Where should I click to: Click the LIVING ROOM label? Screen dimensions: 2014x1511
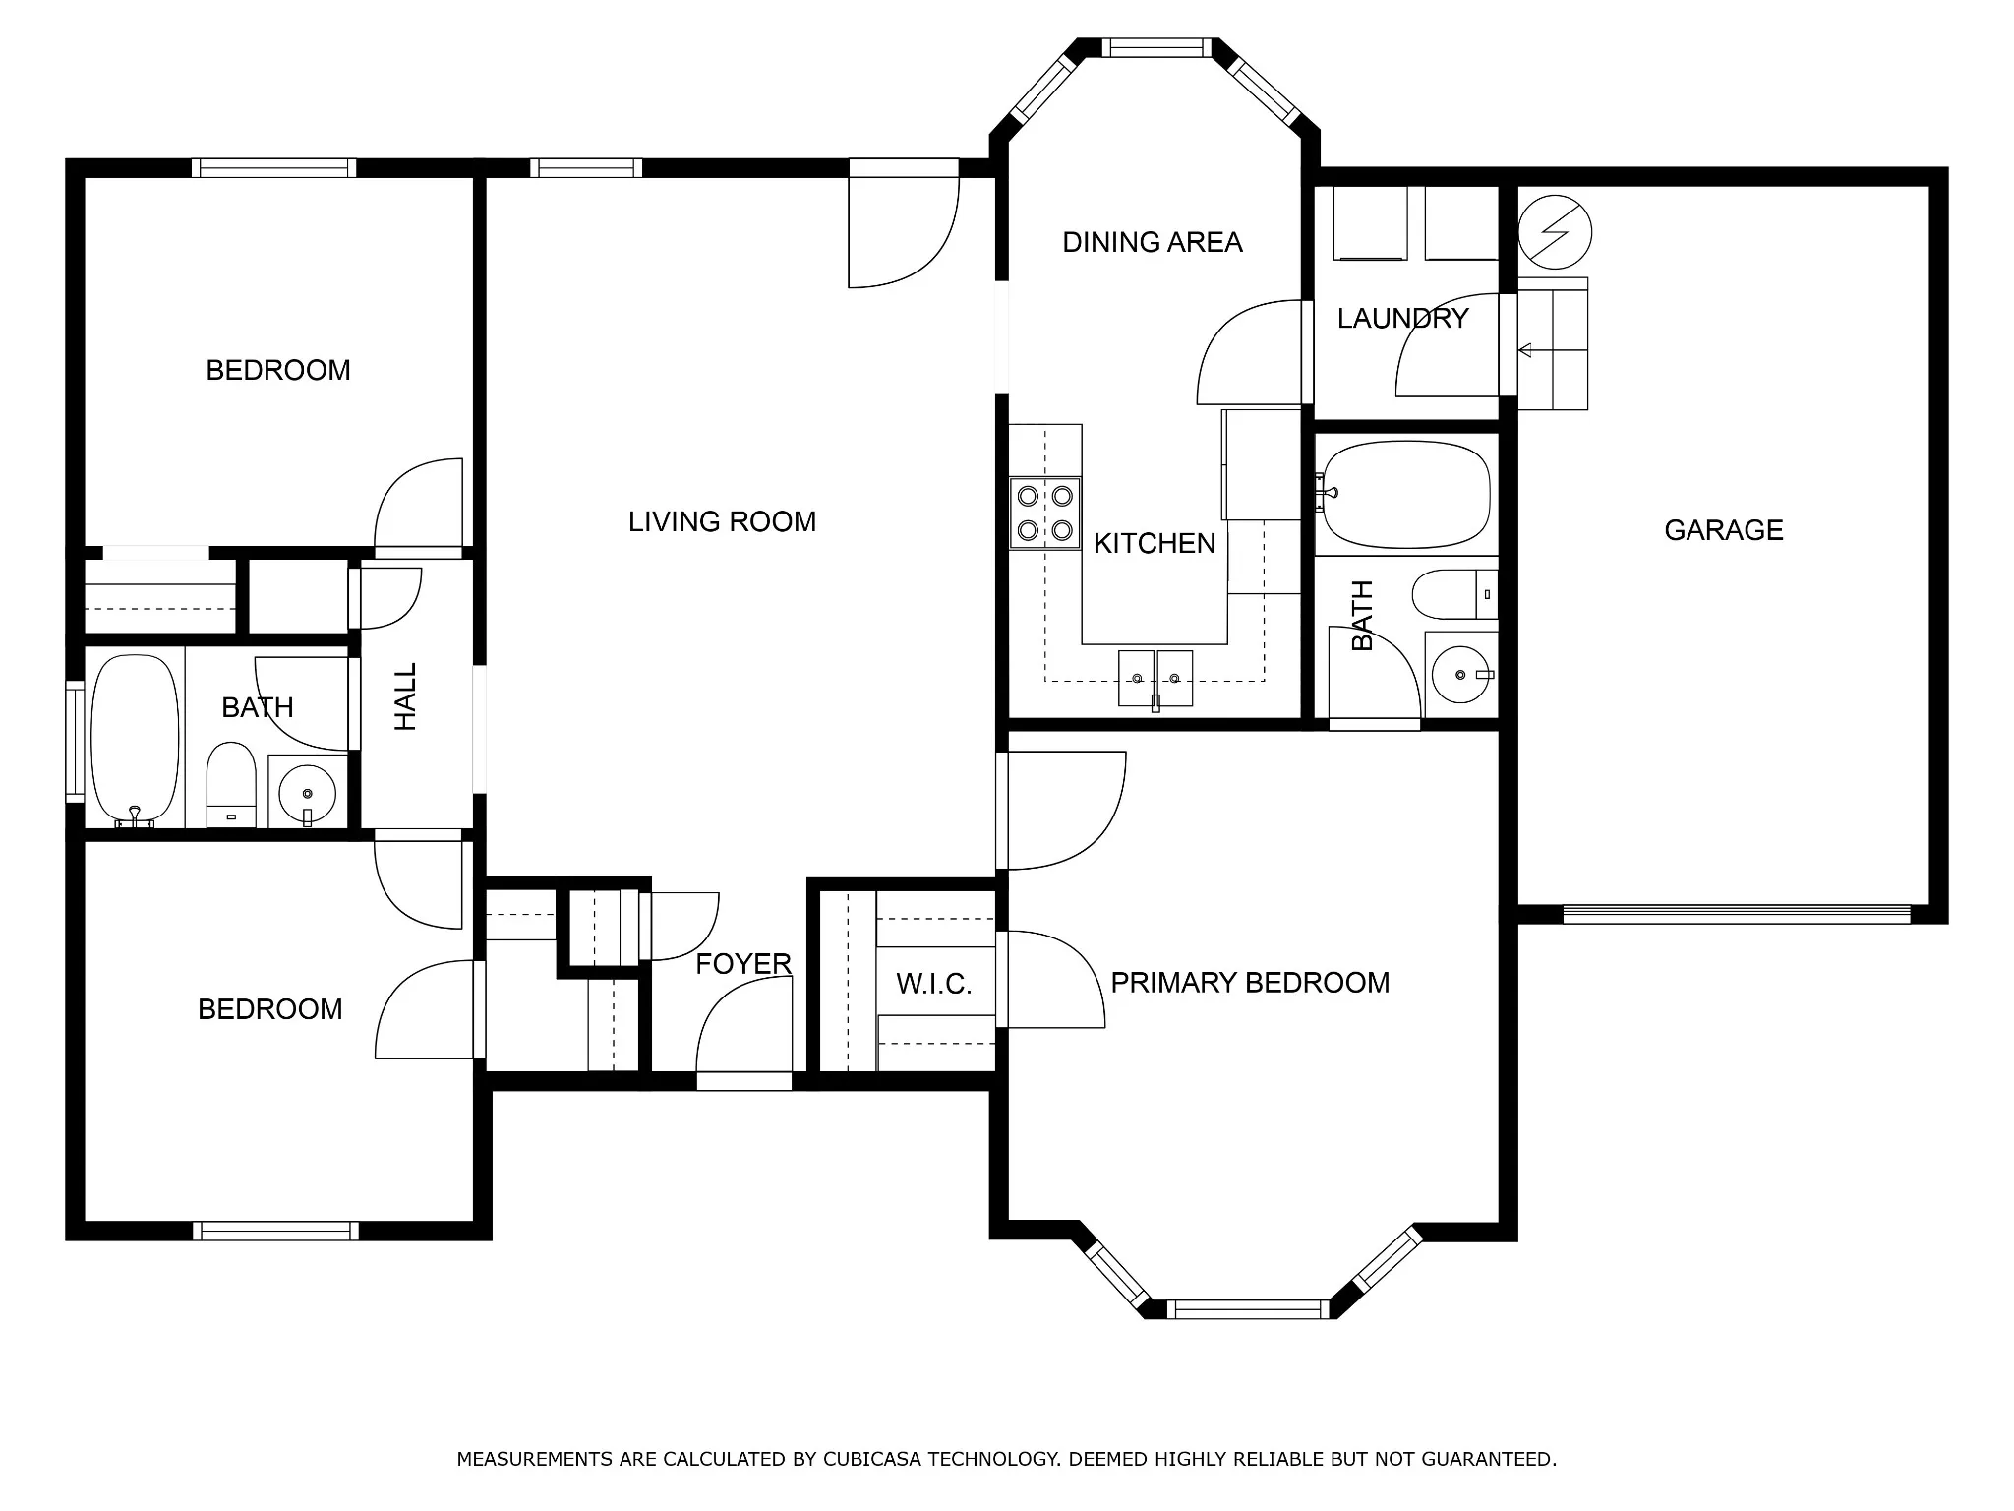point(722,521)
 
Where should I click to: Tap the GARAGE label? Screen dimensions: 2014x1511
point(1723,530)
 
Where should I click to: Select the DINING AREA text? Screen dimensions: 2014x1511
point(1153,242)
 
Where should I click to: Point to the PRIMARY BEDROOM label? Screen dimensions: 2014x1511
point(1250,982)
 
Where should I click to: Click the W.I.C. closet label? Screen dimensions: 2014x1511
point(934,984)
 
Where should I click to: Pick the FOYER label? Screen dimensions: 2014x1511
point(743,964)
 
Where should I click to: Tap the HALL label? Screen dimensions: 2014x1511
point(405,696)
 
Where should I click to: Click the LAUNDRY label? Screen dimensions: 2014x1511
point(1402,318)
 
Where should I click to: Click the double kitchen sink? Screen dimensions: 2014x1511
point(1155,678)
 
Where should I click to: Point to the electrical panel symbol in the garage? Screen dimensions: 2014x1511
point(1555,233)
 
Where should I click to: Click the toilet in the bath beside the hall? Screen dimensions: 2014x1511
point(231,785)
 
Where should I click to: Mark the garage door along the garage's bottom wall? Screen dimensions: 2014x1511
point(1736,914)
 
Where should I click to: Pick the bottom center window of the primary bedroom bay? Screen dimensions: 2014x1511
point(1248,1309)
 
